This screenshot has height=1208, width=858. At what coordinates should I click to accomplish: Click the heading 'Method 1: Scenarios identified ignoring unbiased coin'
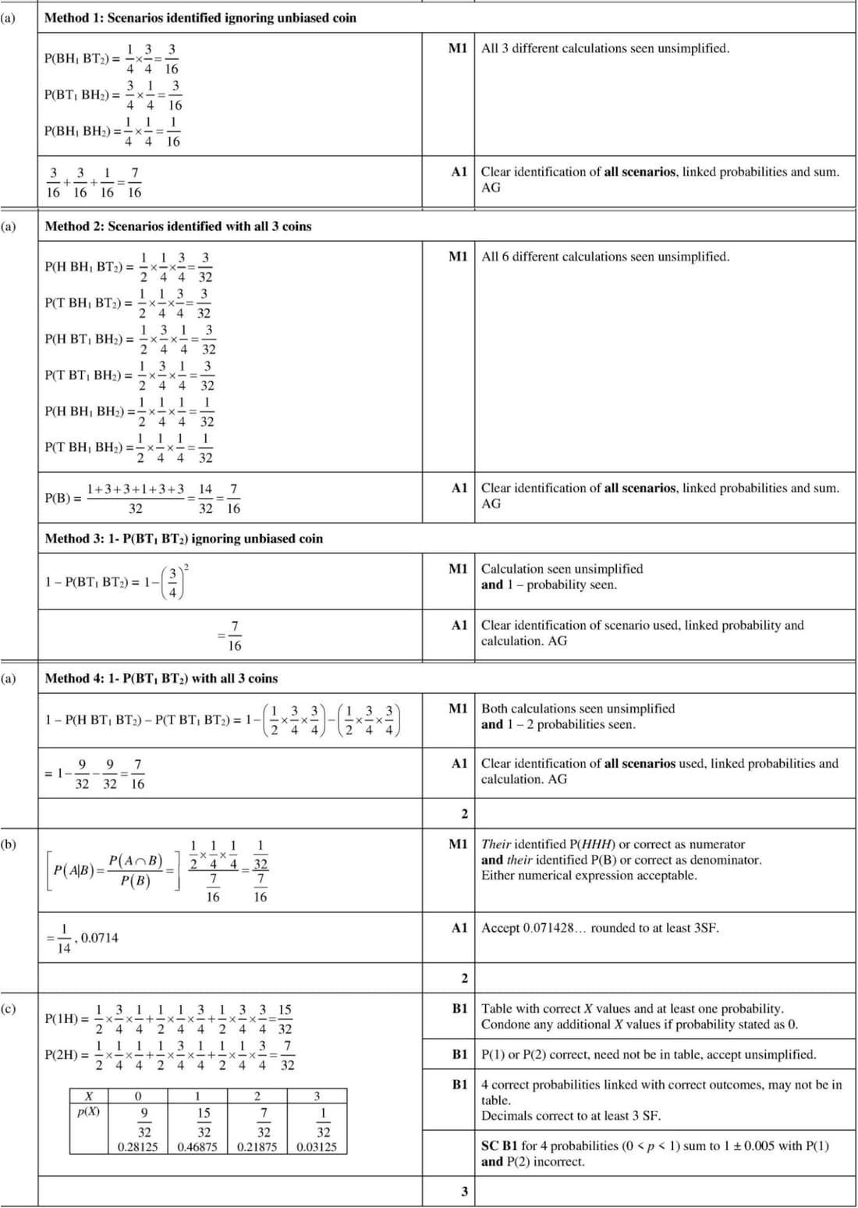click(200, 18)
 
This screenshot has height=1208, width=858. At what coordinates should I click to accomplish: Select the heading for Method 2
click(178, 226)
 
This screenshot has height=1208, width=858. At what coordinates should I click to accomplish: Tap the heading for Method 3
click(183, 538)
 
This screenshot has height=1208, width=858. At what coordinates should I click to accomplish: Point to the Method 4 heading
click(161, 678)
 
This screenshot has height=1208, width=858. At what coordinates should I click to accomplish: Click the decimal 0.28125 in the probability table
click(138, 1147)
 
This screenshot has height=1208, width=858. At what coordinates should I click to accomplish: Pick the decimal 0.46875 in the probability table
click(197, 1147)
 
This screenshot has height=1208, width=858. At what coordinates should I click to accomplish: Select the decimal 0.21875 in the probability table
click(257, 1147)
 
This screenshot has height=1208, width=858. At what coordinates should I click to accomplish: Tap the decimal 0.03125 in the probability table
click(317, 1147)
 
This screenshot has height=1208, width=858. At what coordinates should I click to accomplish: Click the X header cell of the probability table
click(89, 1096)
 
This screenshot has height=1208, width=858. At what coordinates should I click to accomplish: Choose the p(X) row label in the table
click(89, 1111)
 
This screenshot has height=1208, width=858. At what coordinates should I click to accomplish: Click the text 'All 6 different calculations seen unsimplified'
click(605, 257)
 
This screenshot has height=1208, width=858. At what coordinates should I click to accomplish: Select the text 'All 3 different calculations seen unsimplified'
click(605, 48)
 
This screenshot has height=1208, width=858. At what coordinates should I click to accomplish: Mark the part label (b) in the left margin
click(9, 844)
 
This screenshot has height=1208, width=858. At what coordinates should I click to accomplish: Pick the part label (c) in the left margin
click(9, 1008)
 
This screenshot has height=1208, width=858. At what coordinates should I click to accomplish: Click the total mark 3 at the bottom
click(465, 1192)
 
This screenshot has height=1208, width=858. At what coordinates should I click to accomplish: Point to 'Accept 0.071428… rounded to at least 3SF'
click(600, 928)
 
